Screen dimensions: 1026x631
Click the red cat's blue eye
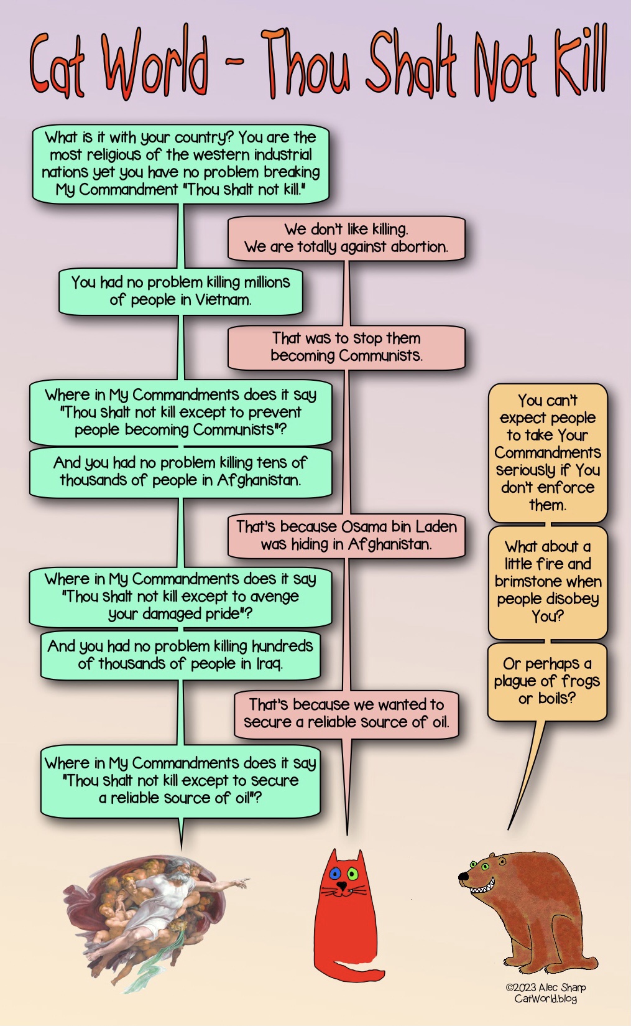point(336,874)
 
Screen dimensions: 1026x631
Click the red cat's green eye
point(352,874)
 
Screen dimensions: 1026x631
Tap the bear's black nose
point(463,877)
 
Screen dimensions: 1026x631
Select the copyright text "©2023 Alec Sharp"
point(545,987)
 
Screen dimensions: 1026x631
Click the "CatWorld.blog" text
point(545,999)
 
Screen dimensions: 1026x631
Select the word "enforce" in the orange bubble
point(566,487)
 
